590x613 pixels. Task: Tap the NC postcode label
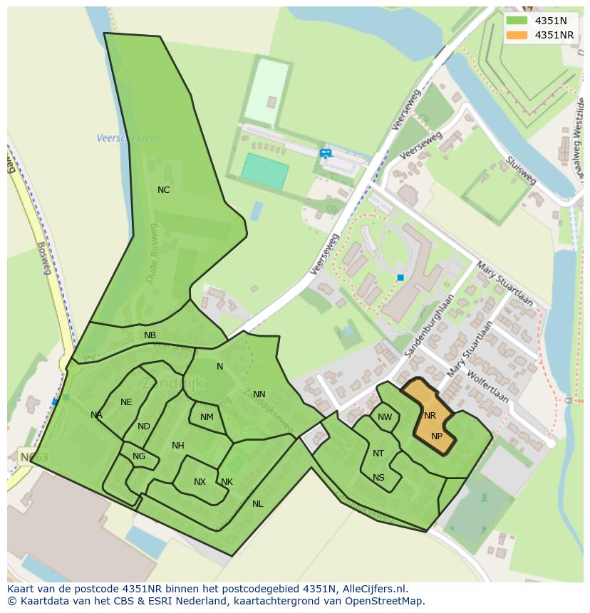point(163,190)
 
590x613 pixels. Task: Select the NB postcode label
point(150,335)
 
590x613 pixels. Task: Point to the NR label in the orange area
point(430,416)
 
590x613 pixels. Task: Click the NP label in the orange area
point(437,436)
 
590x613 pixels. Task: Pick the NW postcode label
point(385,417)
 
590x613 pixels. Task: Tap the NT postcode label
point(378,454)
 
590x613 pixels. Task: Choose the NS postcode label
point(378,478)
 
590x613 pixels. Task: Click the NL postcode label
point(257,504)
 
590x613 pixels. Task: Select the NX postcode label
point(200,482)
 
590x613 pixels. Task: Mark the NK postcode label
point(227,482)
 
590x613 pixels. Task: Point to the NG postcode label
point(139,456)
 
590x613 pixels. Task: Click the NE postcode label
point(126,402)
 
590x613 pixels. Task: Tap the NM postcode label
point(207,417)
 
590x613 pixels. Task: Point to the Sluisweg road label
point(522,170)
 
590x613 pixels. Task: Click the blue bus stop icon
point(325,152)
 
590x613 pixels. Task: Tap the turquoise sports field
point(264,172)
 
